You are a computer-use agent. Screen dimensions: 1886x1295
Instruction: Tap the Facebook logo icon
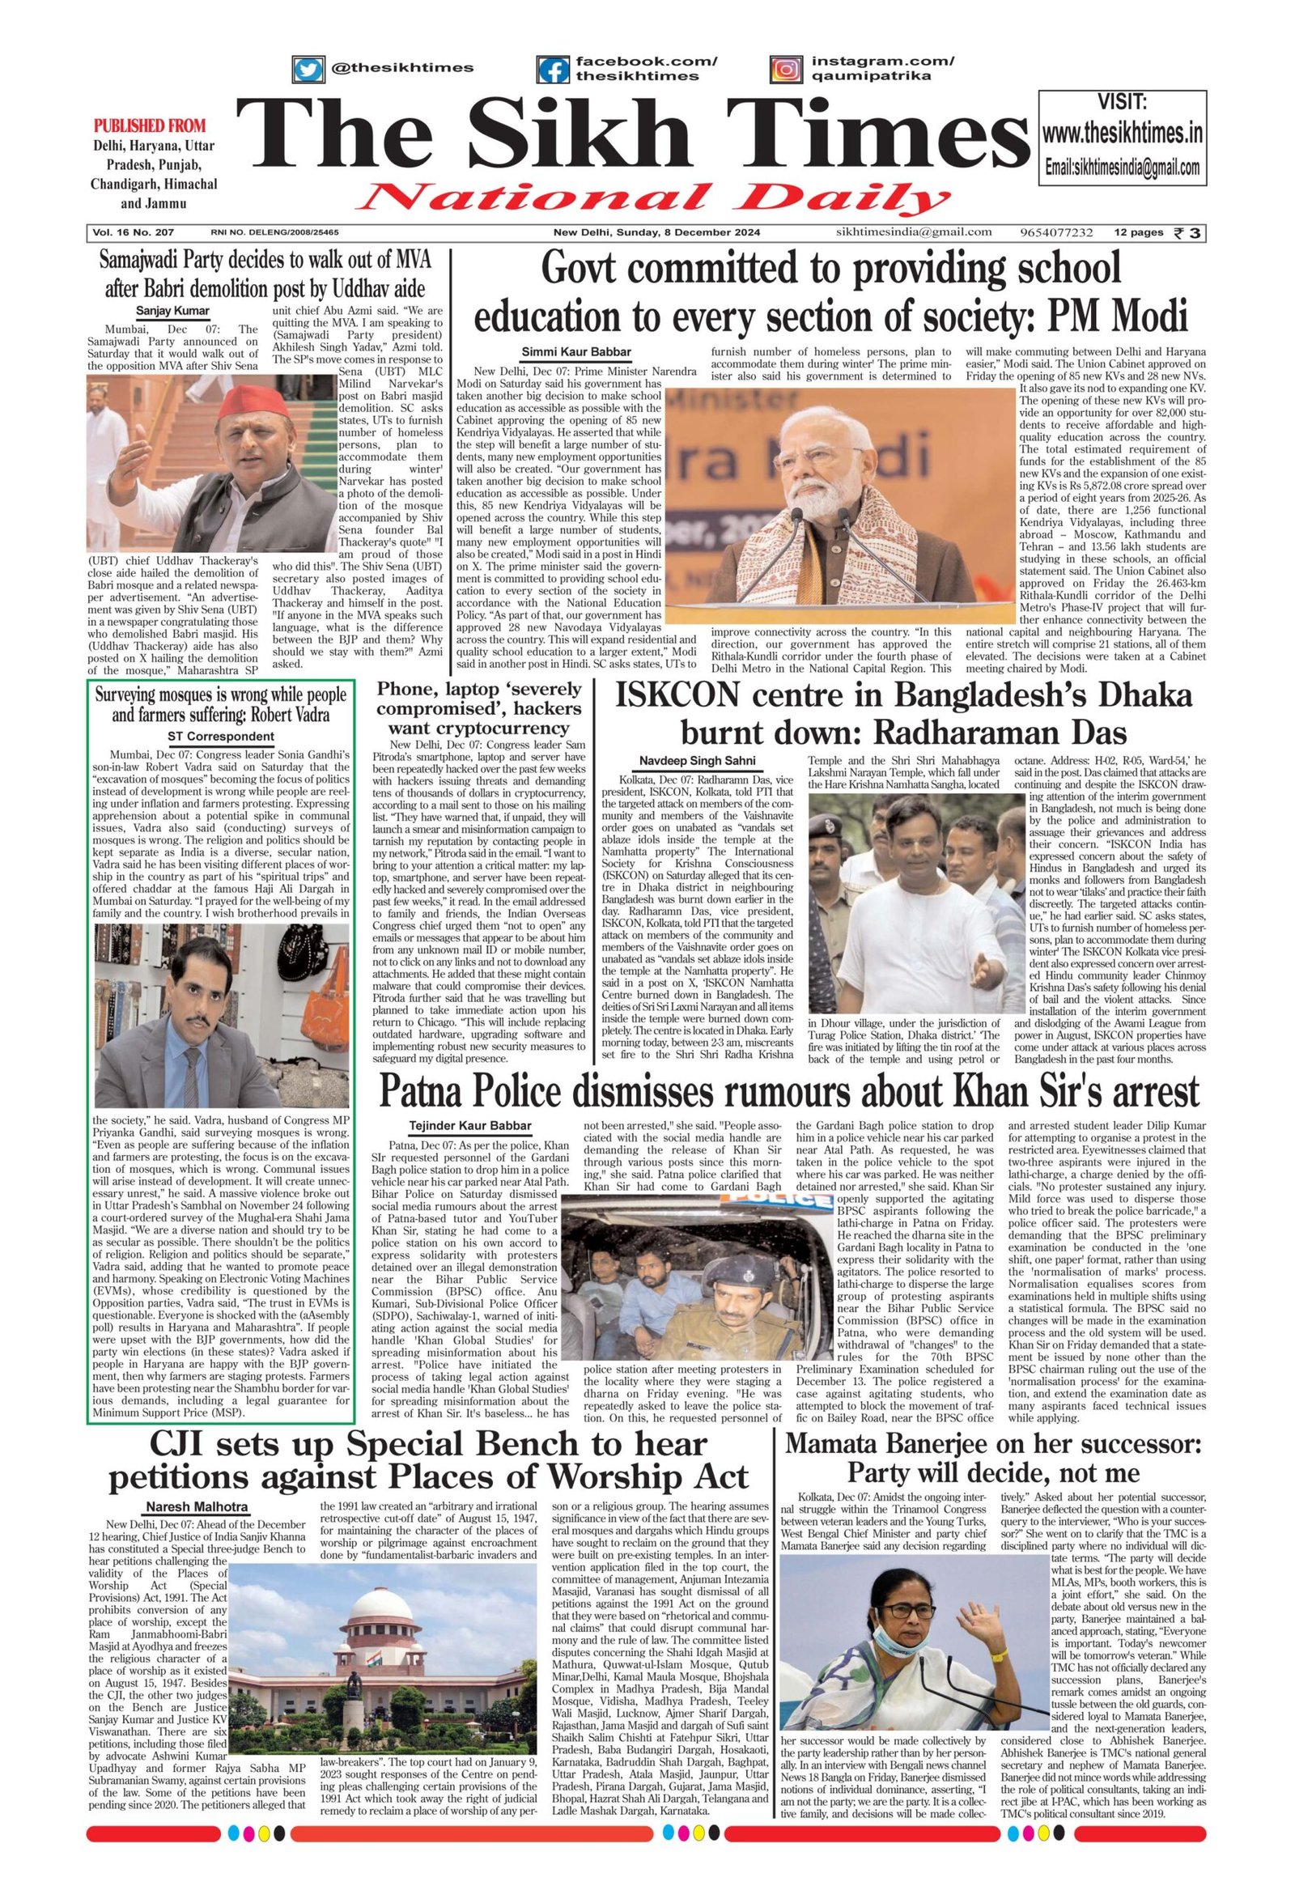(x=554, y=70)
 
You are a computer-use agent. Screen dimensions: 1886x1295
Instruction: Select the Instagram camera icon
(x=785, y=70)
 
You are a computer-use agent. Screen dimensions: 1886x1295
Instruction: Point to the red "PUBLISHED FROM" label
(x=150, y=125)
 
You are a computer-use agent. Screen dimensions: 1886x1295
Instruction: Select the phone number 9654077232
(x=1057, y=233)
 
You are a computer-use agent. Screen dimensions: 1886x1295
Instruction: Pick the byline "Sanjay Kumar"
(x=172, y=311)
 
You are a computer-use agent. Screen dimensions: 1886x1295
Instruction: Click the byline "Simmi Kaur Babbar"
(x=575, y=351)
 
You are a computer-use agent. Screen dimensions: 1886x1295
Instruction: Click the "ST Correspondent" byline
(x=221, y=737)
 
